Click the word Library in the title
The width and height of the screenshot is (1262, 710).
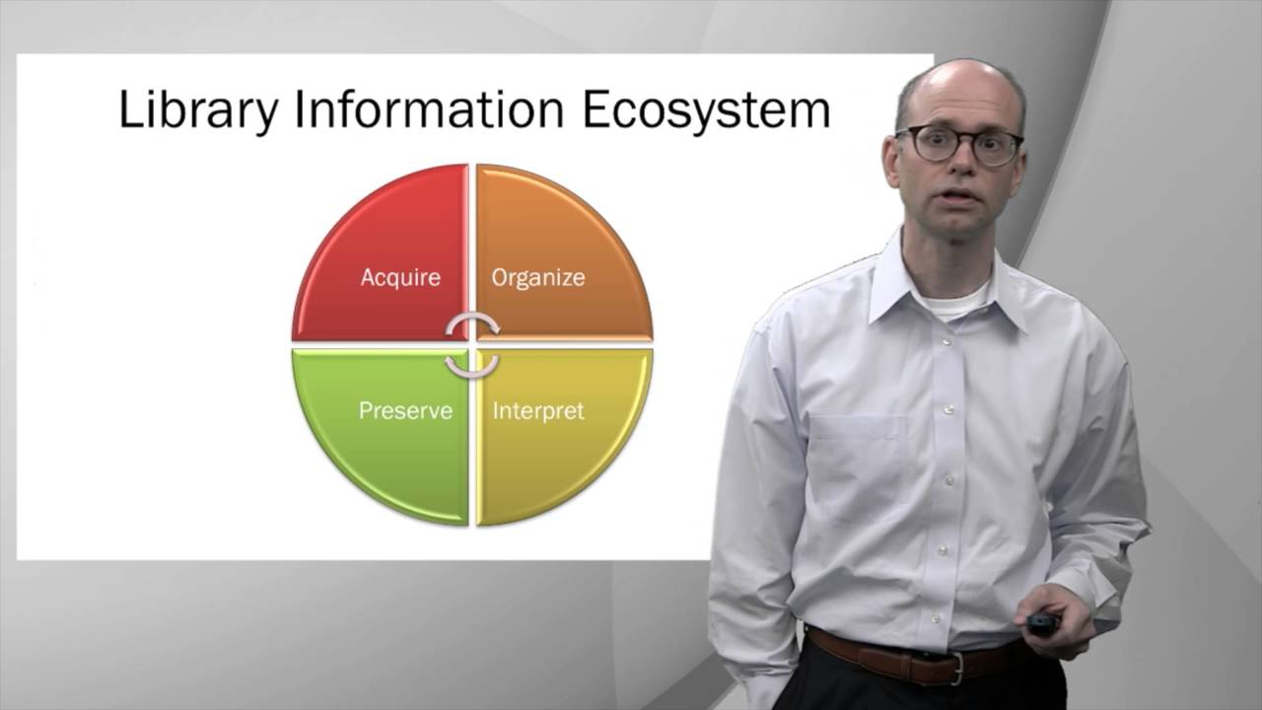pyautogui.click(x=198, y=109)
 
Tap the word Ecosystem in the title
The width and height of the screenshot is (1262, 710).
pyautogui.click(x=705, y=109)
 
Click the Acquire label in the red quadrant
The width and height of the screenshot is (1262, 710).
pyautogui.click(x=400, y=277)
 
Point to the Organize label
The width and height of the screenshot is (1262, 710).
pyautogui.click(x=538, y=277)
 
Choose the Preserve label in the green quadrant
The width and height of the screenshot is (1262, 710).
pyautogui.click(x=405, y=410)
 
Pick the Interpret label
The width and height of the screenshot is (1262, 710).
pyautogui.click(x=538, y=410)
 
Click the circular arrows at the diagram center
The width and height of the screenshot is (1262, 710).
pyautogui.click(x=472, y=345)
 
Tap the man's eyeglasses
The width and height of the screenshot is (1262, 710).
pyautogui.click(x=958, y=145)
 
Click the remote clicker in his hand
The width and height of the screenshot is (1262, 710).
pyautogui.click(x=1041, y=623)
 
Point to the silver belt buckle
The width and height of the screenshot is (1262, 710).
pyautogui.click(x=955, y=670)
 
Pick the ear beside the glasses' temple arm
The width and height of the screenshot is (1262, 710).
pyautogui.click(x=893, y=163)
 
